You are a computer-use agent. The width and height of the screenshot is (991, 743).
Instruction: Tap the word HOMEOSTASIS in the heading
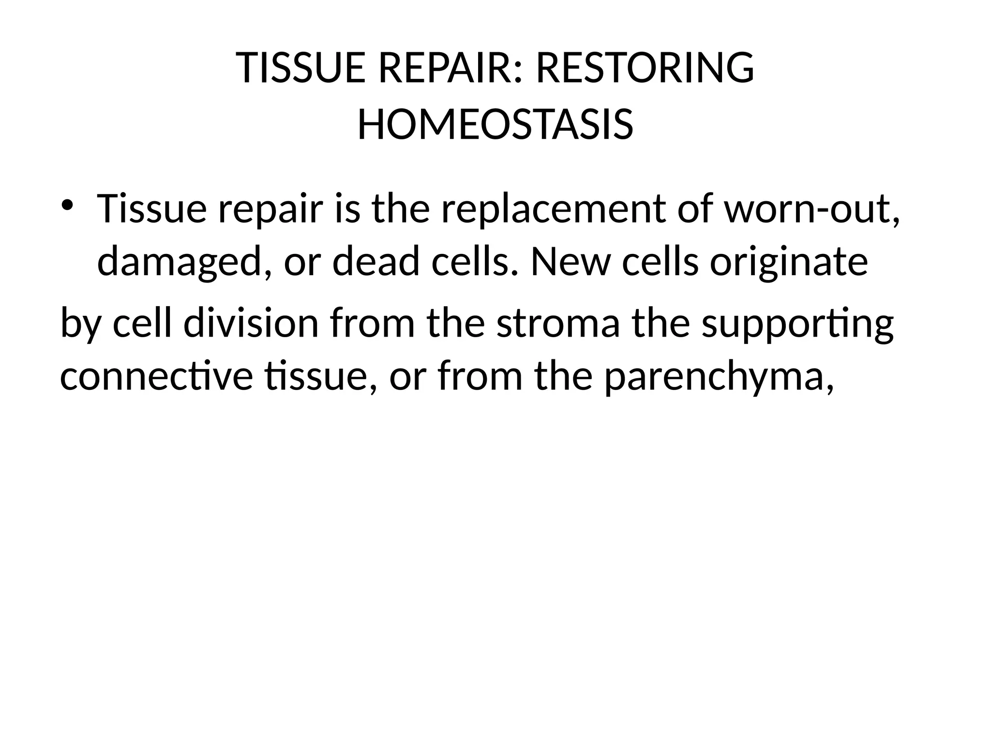495,125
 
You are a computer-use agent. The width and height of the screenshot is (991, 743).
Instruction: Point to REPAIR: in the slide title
450,68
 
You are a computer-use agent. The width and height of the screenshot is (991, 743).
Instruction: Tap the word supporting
797,325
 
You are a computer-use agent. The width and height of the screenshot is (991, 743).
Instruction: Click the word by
80,325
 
